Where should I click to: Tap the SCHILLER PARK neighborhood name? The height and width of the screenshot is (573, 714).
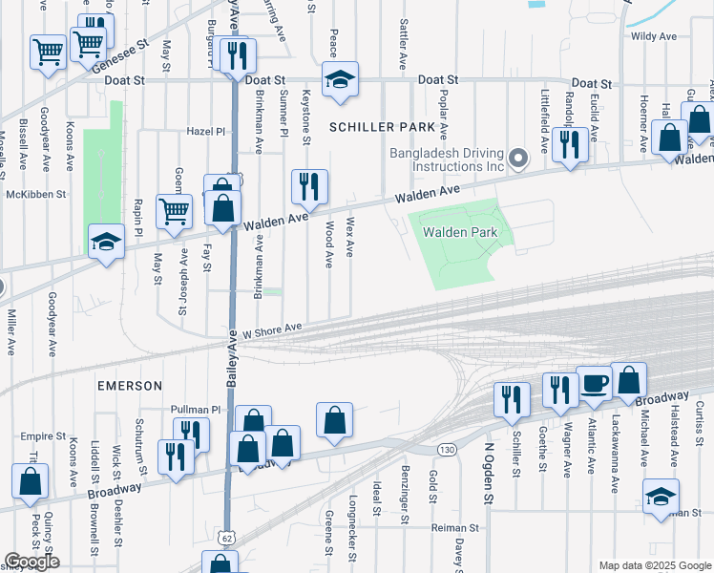(388, 127)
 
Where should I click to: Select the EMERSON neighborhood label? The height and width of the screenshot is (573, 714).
(129, 385)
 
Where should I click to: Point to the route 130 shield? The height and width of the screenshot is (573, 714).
(445, 449)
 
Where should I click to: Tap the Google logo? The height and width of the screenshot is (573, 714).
(31, 562)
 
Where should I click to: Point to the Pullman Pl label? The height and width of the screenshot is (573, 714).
(195, 409)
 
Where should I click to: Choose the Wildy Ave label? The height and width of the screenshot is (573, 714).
(654, 36)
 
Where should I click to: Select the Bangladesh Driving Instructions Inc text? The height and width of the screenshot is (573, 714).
(447, 159)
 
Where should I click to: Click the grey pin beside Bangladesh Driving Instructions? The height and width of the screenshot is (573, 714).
(518, 158)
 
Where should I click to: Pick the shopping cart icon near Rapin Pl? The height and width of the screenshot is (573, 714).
(173, 211)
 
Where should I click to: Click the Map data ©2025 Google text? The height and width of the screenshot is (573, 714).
(654, 565)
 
